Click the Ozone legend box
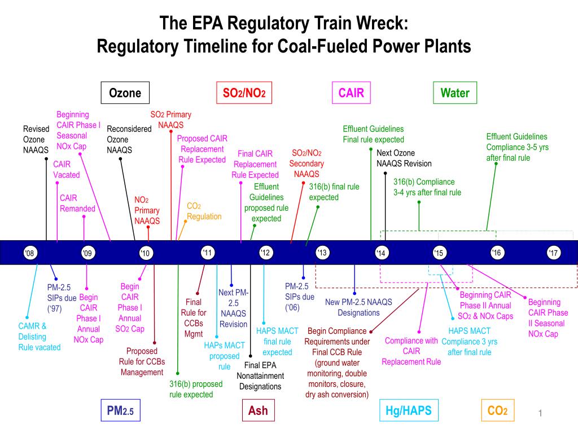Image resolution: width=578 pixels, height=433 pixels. tap(125, 93)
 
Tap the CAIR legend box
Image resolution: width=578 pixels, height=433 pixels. tap(351, 93)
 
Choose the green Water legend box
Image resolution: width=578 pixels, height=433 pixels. tap(455, 93)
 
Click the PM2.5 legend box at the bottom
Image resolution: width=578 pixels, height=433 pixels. tap(120, 411)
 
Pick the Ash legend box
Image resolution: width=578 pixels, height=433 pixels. tap(258, 411)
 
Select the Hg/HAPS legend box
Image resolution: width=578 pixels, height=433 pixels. tap(408, 411)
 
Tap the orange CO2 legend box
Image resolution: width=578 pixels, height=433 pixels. tap(497, 411)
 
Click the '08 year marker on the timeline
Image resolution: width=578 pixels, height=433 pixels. tap(30, 253)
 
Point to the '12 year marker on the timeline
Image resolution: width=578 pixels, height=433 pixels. tap(265, 253)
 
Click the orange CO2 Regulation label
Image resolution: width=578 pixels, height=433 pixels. tap(204, 211)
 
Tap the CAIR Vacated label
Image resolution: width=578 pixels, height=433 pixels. tap(66, 169)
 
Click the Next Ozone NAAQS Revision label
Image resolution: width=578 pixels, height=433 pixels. tap(404, 158)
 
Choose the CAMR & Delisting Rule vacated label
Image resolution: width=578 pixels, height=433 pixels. tap(39, 337)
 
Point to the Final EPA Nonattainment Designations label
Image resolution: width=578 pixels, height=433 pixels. tap(260, 375)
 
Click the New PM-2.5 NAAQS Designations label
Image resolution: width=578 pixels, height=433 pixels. tap(358, 307)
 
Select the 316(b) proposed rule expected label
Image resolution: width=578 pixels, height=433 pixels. tap(196, 389)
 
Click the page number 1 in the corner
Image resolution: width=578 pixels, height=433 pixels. tap(540, 414)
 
